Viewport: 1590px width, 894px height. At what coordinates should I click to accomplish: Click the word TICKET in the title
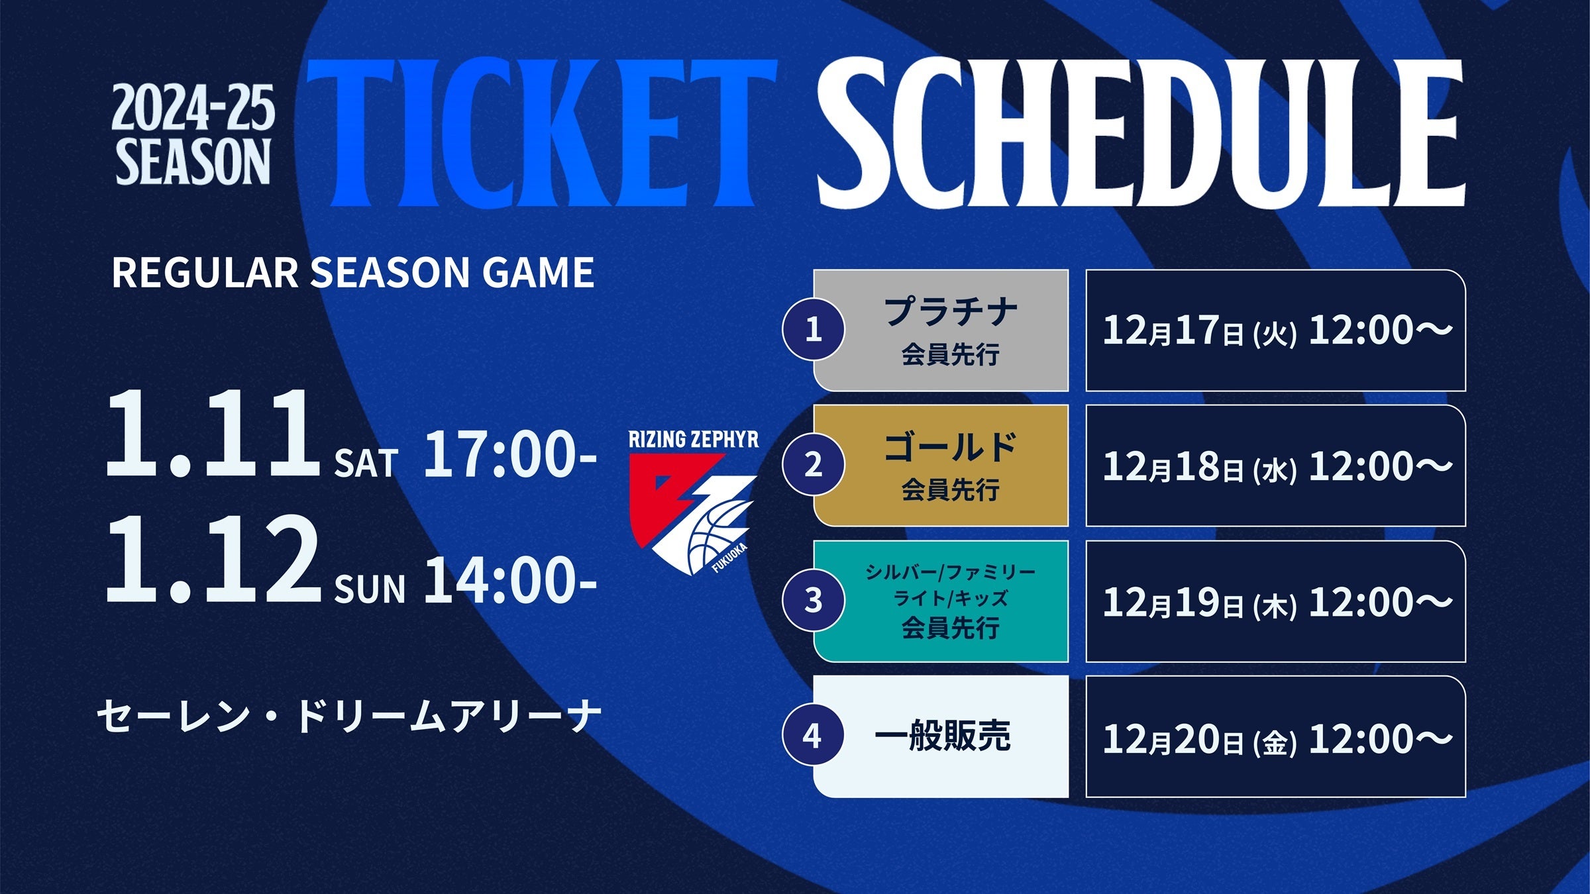(541, 133)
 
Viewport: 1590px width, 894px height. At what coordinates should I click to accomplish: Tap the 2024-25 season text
(193, 135)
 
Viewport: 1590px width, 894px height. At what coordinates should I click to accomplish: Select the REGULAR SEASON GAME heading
(353, 272)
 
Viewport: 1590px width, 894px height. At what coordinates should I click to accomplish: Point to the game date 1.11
(212, 433)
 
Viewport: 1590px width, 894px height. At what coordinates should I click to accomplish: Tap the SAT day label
(366, 463)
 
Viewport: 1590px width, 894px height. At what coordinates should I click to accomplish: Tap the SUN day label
(370, 589)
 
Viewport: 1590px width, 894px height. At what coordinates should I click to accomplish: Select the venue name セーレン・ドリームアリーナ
(349, 717)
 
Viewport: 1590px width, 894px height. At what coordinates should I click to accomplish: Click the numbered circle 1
(814, 329)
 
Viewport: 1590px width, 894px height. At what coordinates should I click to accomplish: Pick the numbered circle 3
(814, 601)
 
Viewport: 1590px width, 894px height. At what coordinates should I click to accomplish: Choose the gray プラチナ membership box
(941, 330)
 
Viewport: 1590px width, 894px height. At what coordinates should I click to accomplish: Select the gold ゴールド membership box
(941, 466)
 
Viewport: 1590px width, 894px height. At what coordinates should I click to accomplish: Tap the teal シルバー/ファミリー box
(941, 601)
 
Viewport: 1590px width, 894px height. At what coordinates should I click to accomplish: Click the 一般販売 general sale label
(943, 736)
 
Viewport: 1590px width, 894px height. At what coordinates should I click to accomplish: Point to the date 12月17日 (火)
(1199, 330)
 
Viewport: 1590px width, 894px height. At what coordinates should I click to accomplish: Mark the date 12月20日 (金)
(1199, 739)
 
